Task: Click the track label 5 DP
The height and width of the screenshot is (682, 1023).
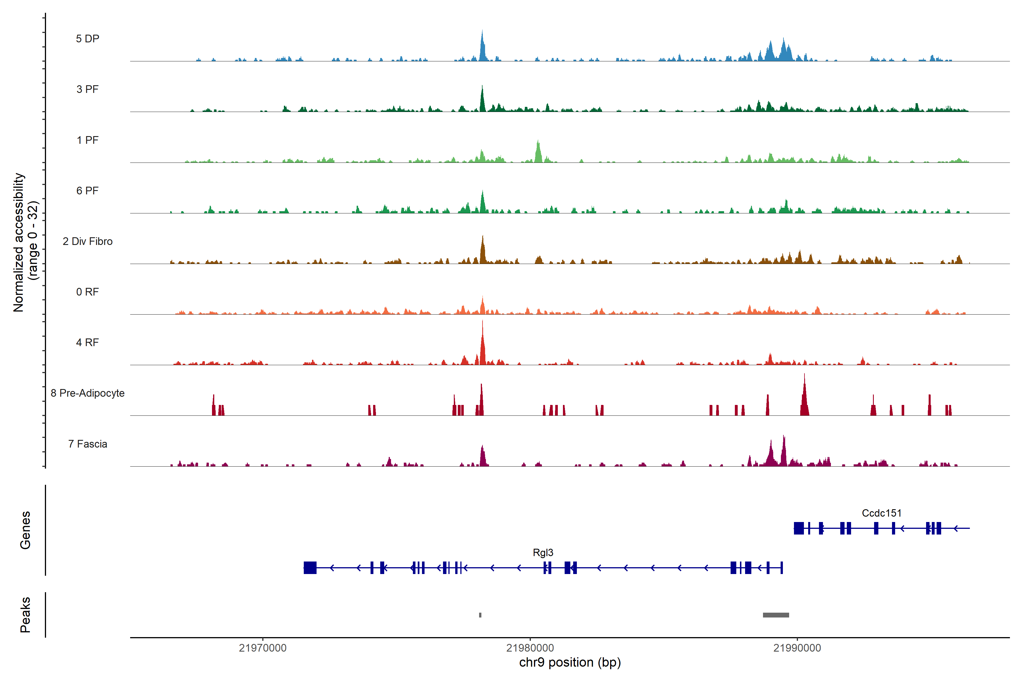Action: [x=88, y=39]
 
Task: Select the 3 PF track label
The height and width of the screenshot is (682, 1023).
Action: [x=88, y=89]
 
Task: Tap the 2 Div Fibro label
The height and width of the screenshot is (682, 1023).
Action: [x=88, y=241]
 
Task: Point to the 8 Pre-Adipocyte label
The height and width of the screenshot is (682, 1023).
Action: [x=88, y=393]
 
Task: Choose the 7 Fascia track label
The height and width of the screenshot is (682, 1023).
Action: [x=88, y=444]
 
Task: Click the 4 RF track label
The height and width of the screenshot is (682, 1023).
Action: [x=88, y=343]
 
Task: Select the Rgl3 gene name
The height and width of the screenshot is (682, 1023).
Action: [x=543, y=553]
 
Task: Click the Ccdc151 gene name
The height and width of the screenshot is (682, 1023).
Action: [x=882, y=513]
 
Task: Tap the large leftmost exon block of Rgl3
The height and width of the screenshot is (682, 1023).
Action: [x=310, y=567]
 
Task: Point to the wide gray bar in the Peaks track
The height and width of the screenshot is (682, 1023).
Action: [x=776, y=615]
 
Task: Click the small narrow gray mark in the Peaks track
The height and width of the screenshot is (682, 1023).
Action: [x=480, y=615]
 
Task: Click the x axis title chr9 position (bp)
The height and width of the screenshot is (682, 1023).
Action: [x=570, y=662]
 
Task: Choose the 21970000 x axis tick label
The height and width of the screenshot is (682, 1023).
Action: [x=263, y=648]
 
